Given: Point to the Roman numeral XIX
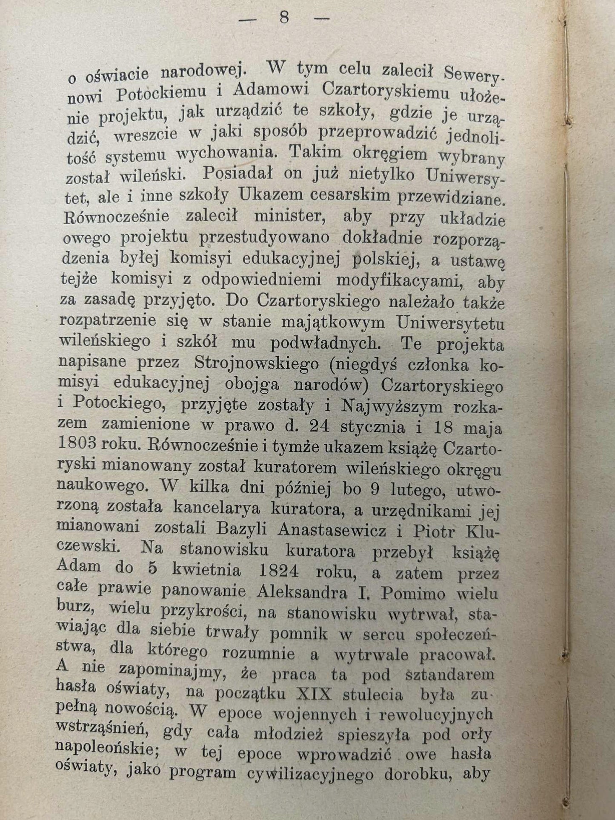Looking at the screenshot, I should pyautogui.click(x=314, y=695).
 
